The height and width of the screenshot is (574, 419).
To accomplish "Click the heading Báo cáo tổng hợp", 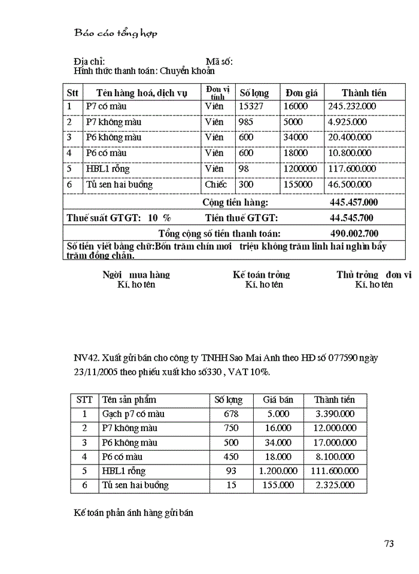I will [x=116, y=33].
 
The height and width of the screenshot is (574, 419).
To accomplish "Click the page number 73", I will [x=388, y=544].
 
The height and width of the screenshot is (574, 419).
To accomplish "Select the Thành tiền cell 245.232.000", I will [x=352, y=106].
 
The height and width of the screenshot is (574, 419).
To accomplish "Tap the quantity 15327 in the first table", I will [x=251, y=106].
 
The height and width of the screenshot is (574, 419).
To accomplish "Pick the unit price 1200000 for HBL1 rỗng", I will [x=300, y=169].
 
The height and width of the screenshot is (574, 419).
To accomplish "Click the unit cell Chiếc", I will [x=216, y=185].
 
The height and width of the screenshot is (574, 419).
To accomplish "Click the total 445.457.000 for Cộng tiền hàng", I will [x=354, y=203].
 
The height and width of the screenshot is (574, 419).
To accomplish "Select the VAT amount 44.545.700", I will [x=351, y=218].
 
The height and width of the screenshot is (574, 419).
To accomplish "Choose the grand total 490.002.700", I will [x=354, y=234].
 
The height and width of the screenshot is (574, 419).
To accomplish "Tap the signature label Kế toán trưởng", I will [x=262, y=275].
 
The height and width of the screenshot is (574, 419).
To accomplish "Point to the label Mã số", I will [x=219, y=62].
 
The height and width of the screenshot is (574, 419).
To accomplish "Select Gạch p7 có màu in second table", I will [x=133, y=414].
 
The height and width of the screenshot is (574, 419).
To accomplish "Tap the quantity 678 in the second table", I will [x=232, y=414].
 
